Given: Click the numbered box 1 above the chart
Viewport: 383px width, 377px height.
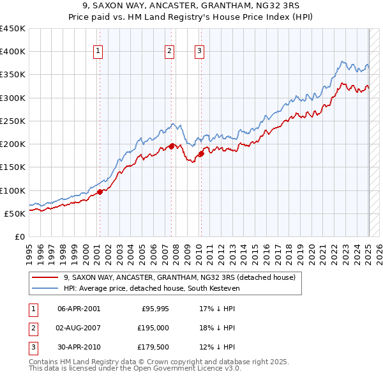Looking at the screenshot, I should (x=99, y=52).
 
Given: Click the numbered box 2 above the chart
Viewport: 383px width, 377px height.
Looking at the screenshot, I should (x=170, y=52).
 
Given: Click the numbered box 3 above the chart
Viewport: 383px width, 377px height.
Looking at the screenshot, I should (x=199, y=52).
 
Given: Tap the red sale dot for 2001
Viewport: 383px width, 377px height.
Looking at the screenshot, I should (x=100, y=192).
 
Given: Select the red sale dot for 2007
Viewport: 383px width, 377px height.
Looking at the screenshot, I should (x=172, y=146).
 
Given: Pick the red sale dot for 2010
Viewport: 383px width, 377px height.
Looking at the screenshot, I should (x=201, y=153).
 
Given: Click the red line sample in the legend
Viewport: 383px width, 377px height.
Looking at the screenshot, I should (x=45, y=278).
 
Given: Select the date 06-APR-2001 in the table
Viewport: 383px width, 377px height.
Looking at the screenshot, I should (x=79, y=309).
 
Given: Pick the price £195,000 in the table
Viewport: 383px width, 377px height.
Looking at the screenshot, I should (x=153, y=328).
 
